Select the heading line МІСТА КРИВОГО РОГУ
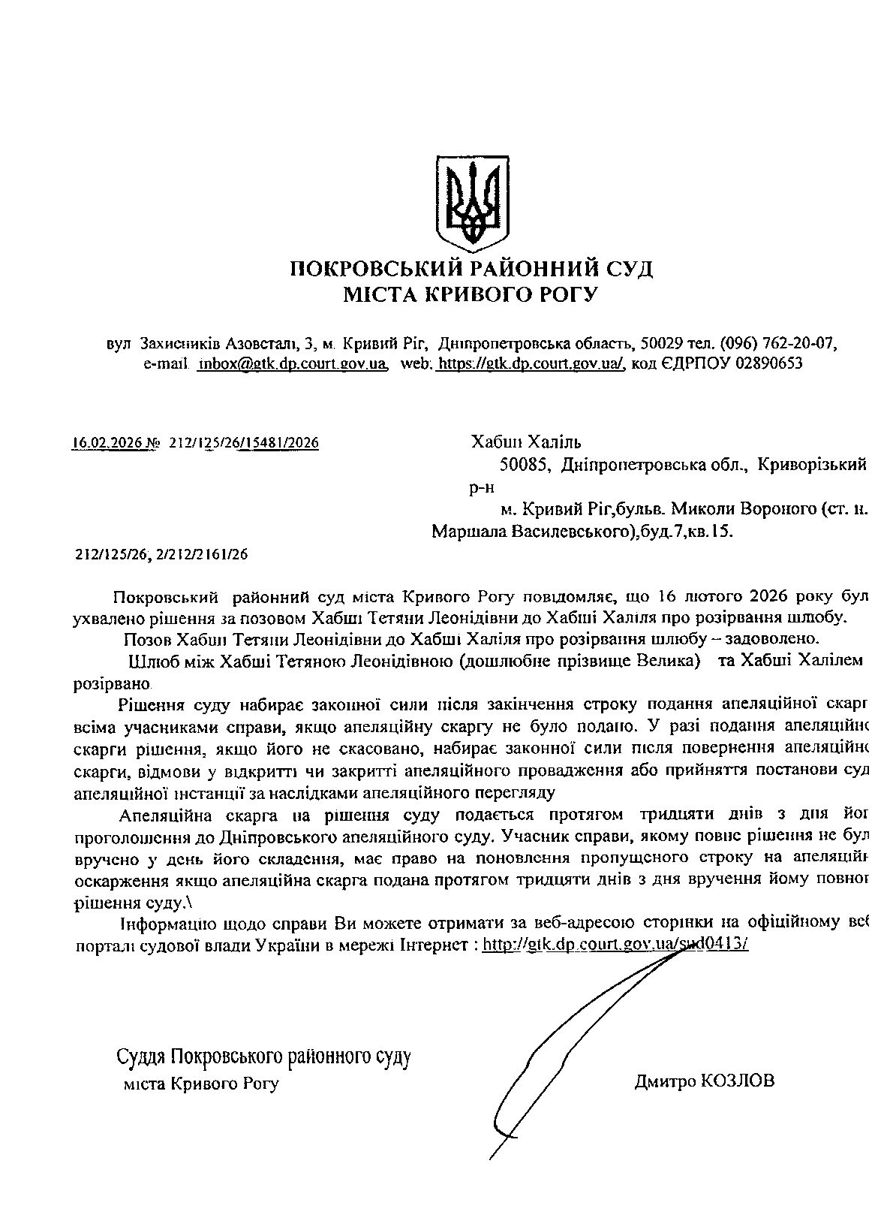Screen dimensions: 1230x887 pos(471,294)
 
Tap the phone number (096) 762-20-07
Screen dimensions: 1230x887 pos(778,344)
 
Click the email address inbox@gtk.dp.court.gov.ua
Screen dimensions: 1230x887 pos(293,364)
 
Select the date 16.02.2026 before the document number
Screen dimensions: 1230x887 pos(107,443)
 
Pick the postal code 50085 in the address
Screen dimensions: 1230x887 pos(525,466)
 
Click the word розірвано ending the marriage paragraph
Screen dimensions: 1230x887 pos(111,685)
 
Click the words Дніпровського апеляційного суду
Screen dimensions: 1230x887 pos(357,835)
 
